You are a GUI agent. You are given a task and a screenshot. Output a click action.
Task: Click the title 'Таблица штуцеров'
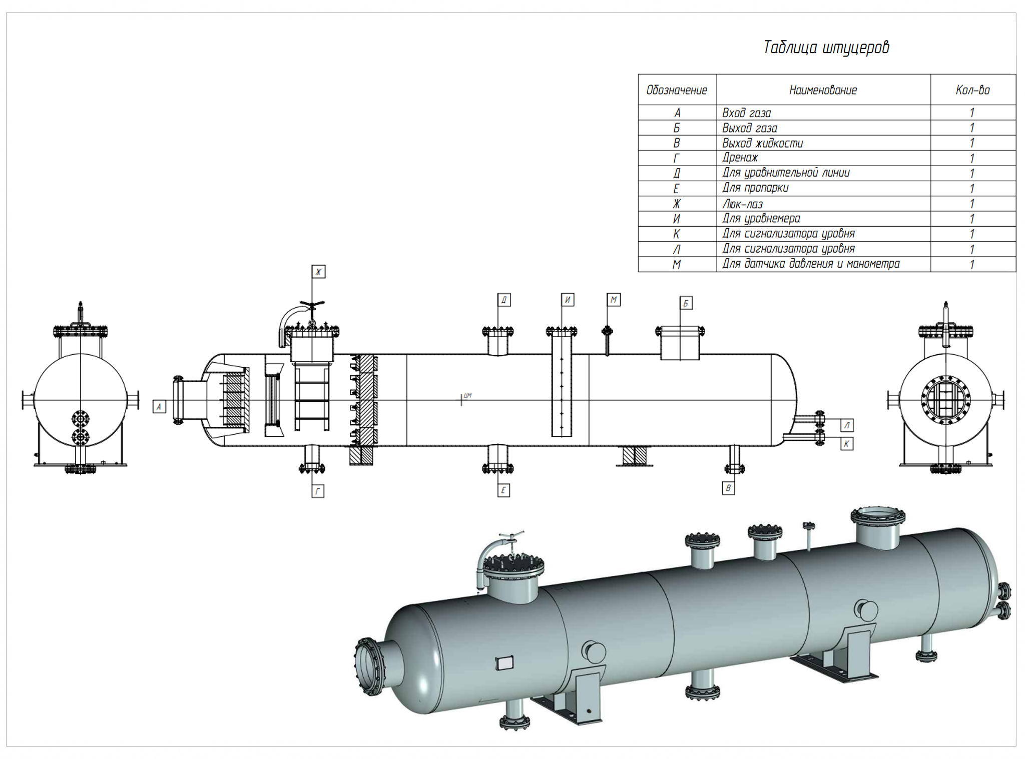pyautogui.click(x=826, y=48)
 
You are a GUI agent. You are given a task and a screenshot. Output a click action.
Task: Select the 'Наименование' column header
pyautogui.click(x=823, y=90)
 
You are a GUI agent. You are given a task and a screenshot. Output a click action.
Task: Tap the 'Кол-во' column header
pyautogui.click(x=972, y=90)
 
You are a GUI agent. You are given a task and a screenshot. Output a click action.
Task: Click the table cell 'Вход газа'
pyautogui.click(x=746, y=113)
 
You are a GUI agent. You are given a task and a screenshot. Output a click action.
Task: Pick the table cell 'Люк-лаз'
pyautogui.click(x=742, y=204)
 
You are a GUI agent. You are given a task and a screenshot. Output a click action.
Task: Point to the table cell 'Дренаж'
pyautogui.click(x=740, y=158)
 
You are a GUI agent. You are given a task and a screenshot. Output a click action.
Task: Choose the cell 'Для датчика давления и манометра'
pyautogui.click(x=810, y=264)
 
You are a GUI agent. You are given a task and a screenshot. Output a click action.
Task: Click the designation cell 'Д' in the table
pyautogui.click(x=677, y=174)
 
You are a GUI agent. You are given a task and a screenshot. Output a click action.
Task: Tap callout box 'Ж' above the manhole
pyautogui.click(x=318, y=272)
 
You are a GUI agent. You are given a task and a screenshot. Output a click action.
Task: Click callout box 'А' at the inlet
pyautogui.click(x=159, y=407)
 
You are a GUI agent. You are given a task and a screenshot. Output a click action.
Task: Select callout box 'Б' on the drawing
pyautogui.click(x=686, y=303)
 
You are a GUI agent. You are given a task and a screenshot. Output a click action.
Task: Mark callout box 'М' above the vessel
pyautogui.click(x=614, y=300)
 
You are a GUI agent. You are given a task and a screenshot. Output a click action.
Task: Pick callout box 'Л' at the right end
pyautogui.click(x=846, y=425)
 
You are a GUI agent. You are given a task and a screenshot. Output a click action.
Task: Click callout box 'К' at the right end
pyautogui.click(x=846, y=444)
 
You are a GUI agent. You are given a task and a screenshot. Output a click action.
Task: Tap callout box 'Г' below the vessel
pyautogui.click(x=318, y=491)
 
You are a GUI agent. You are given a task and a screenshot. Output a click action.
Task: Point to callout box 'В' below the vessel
pyautogui.click(x=728, y=488)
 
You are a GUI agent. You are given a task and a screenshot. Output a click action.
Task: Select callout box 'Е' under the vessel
pyautogui.click(x=503, y=490)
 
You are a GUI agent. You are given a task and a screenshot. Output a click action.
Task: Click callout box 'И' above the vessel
pyautogui.click(x=567, y=300)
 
